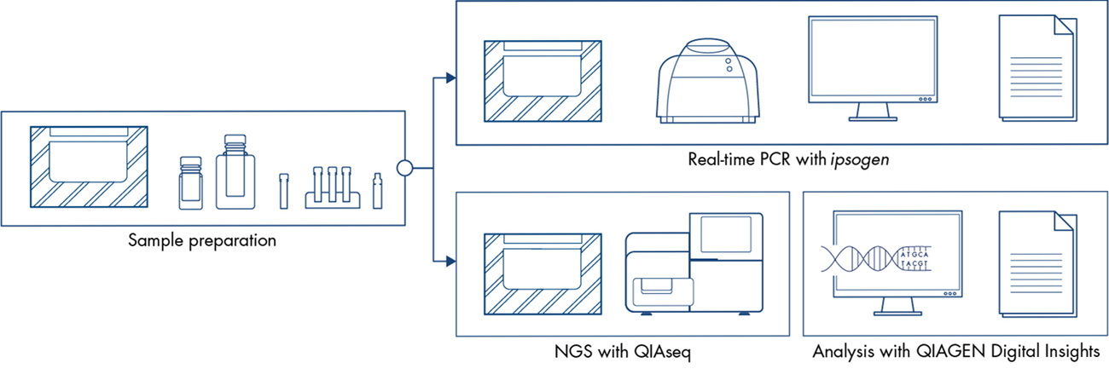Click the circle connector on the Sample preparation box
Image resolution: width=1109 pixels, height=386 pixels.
[405, 168]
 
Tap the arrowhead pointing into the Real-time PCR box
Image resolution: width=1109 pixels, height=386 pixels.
[450, 79]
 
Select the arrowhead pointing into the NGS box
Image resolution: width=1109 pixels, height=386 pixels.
[450, 259]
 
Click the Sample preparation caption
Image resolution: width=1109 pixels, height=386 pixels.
[202, 240]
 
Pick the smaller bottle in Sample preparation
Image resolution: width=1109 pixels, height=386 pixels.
[190, 182]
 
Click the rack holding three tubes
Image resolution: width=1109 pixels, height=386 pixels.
[329, 189]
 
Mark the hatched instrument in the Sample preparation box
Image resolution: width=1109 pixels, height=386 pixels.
[89, 166]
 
